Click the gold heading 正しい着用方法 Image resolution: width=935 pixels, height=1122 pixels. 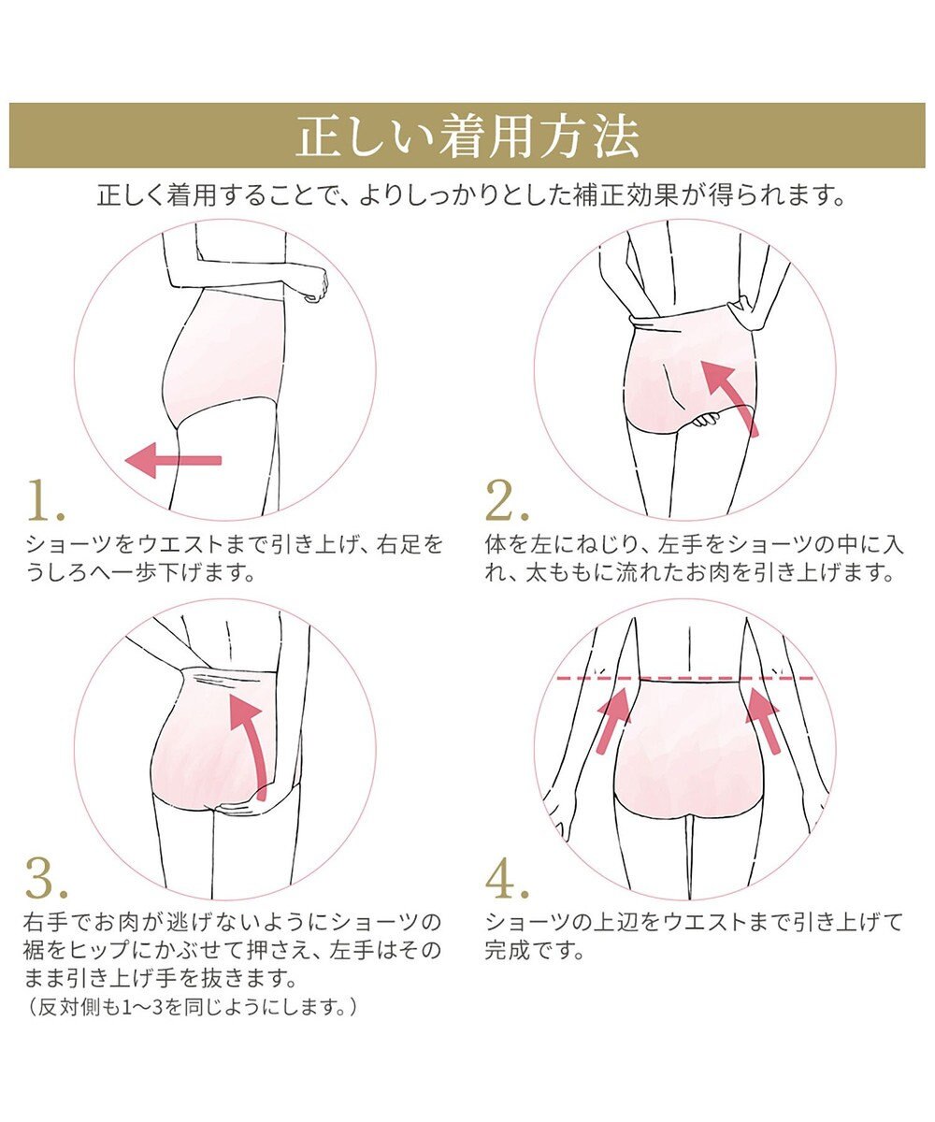pos(467,137)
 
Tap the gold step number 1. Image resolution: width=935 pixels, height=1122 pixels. pos(45,503)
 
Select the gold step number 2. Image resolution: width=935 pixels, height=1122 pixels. pos(508,503)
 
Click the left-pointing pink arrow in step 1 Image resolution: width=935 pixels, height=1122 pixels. pos(174,460)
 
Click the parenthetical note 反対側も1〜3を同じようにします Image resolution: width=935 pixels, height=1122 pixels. pos(193,1008)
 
